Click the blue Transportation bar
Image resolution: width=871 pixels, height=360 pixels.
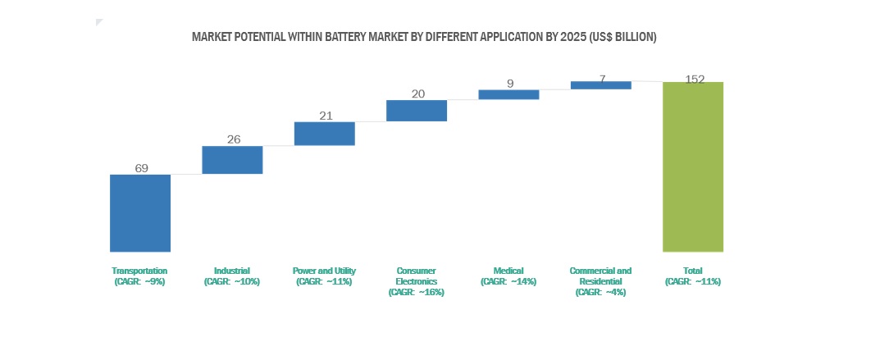[x=140, y=212]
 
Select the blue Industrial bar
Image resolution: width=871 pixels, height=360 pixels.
[x=232, y=160]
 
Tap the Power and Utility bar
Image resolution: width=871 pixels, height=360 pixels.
[x=324, y=134]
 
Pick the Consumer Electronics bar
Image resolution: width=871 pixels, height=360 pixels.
[x=417, y=111]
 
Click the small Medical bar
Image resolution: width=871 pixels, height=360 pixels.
[x=508, y=94]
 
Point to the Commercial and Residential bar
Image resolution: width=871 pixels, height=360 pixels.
[x=601, y=84]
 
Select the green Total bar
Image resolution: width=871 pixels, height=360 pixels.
[x=693, y=166]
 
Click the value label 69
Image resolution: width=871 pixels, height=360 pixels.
[x=141, y=168]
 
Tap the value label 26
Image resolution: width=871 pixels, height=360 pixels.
[x=234, y=139]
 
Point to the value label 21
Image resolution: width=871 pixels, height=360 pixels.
[x=326, y=116]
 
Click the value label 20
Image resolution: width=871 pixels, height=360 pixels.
[x=417, y=93]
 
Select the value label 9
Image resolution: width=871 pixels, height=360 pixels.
[x=509, y=83]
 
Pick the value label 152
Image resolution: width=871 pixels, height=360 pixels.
[x=694, y=79]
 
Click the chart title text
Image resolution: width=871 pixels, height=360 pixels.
[x=424, y=37]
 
